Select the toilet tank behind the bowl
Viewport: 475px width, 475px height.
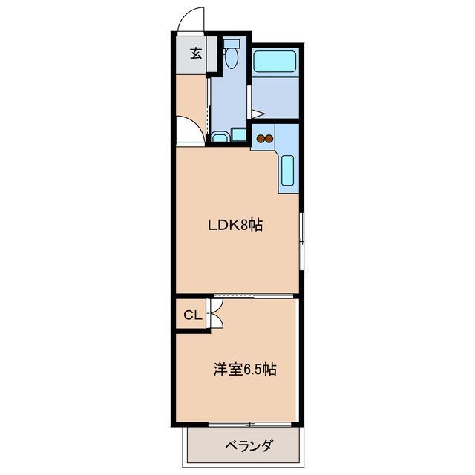tap(232, 43)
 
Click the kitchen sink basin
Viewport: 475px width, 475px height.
tap(288, 171)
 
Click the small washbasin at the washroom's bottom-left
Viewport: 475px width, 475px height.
tap(220, 137)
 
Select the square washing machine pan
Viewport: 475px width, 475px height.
tap(238, 134)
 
